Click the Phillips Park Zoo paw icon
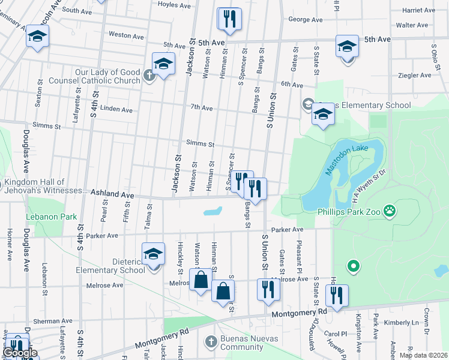pos(391,211)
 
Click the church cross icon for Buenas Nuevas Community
pos(211,341)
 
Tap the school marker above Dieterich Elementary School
pos(153,253)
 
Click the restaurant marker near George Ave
pos(229,19)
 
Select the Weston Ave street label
pos(126,36)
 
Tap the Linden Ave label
pos(116,110)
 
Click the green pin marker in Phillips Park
pos(354,265)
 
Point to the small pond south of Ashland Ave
pos(212,211)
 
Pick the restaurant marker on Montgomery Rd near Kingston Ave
pos(336,295)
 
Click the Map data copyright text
pos(423,355)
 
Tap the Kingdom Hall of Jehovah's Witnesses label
pos(45,187)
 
